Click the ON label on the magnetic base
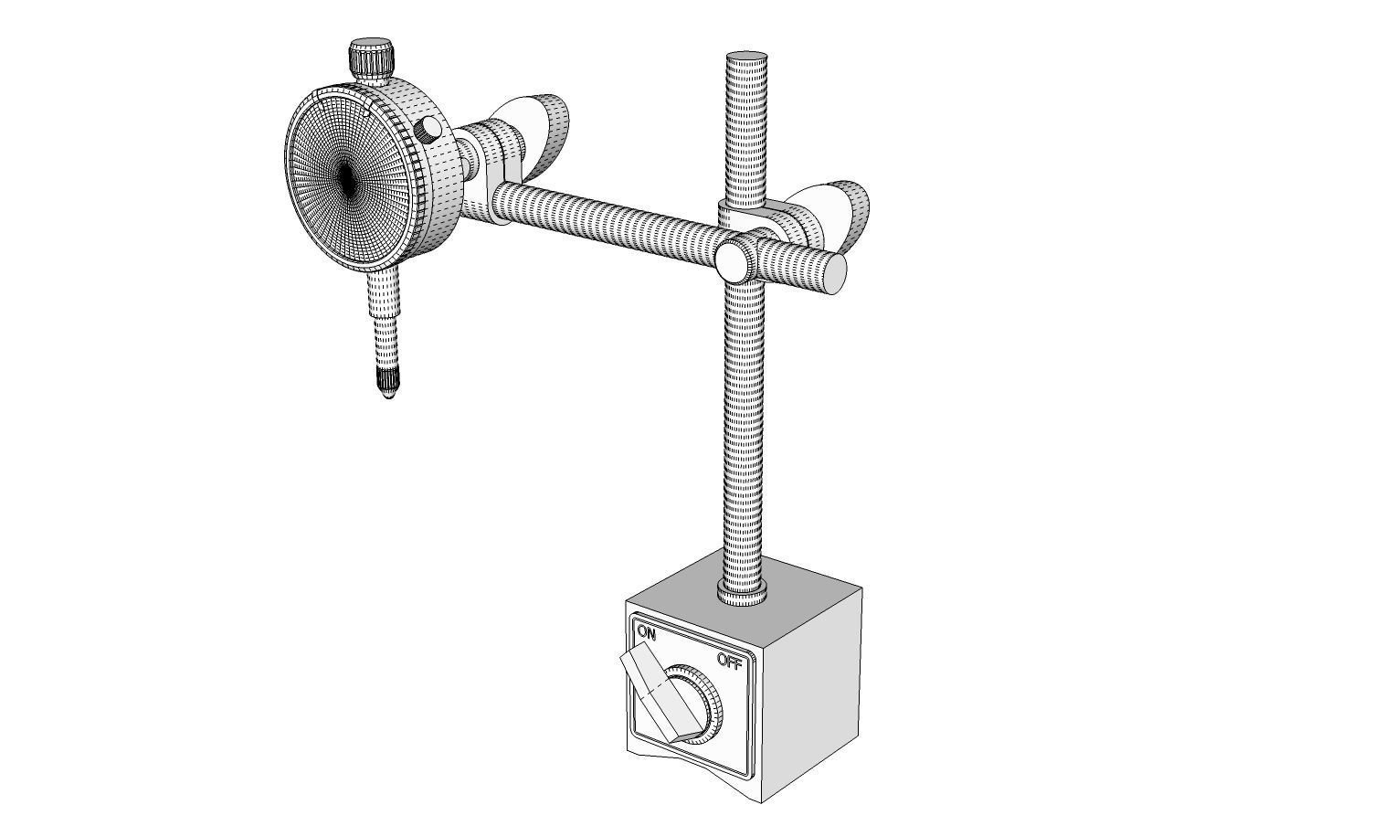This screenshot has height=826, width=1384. coord(647,632)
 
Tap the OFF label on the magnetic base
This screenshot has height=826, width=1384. coord(729,662)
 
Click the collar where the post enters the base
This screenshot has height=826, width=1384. coord(743,595)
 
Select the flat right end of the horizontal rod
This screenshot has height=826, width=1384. coord(836,273)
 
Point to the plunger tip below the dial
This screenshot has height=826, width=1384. coord(386,393)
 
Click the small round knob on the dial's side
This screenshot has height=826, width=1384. coord(427,130)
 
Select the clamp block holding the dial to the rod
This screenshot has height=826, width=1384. coord(493,169)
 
